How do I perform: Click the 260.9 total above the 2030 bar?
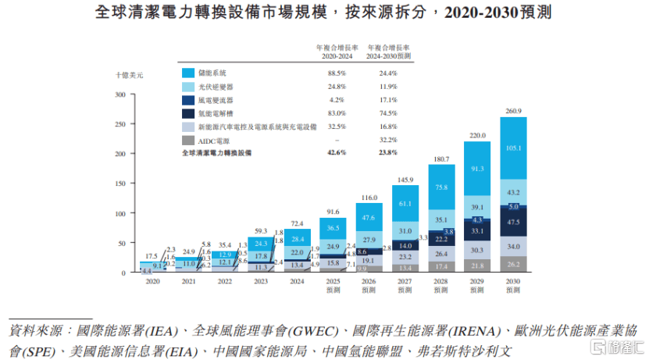point(513,111)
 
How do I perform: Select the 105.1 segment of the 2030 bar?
point(513,148)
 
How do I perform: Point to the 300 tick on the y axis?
point(120,95)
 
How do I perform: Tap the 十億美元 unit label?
point(129,75)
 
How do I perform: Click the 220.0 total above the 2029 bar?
point(477,135)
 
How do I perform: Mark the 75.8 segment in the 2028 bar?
point(441,187)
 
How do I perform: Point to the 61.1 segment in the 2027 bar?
point(405,203)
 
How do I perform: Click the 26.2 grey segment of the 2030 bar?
point(513,265)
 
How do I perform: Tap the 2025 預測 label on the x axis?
point(333,285)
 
